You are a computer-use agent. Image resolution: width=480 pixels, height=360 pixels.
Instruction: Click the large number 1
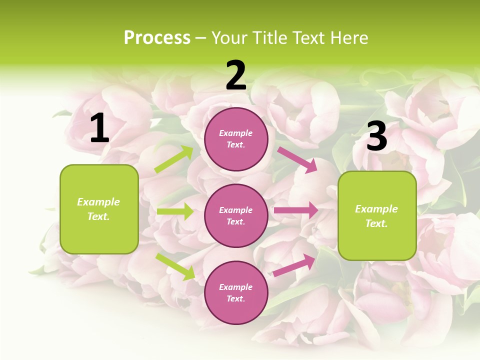pyautogui.click(x=99, y=128)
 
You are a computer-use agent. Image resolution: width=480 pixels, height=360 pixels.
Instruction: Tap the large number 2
pyautogui.click(x=236, y=75)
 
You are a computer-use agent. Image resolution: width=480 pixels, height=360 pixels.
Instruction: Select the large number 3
pyautogui.click(x=376, y=136)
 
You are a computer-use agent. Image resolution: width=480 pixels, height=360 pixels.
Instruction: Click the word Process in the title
pyautogui.click(x=157, y=37)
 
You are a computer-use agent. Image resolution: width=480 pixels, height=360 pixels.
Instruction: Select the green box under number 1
pyautogui.click(x=99, y=209)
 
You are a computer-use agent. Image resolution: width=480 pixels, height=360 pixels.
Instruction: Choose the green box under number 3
pyautogui.click(x=377, y=215)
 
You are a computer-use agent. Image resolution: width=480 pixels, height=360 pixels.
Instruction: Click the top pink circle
pyautogui.click(x=236, y=139)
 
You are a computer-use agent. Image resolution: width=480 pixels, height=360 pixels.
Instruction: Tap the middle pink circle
pyautogui.click(x=236, y=215)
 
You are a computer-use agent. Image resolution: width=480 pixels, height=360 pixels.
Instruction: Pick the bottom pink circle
pyautogui.click(x=236, y=292)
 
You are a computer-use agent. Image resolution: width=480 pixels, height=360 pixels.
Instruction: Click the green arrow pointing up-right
pyautogui.click(x=174, y=159)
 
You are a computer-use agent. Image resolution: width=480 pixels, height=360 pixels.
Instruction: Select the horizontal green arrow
pyautogui.click(x=175, y=211)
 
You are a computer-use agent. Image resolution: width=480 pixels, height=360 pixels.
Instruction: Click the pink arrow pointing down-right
pyautogui.click(x=297, y=159)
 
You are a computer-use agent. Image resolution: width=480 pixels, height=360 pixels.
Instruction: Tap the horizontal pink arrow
pyautogui.click(x=295, y=210)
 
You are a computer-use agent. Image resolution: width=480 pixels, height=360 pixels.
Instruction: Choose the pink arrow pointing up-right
pyautogui.click(x=294, y=265)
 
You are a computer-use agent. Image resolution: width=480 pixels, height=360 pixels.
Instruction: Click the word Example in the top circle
pyautogui.click(x=236, y=133)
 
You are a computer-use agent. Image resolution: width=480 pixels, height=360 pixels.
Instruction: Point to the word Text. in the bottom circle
pyautogui.click(x=236, y=298)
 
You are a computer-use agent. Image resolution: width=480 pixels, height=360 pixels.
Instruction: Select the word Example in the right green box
pyautogui.click(x=376, y=209)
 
